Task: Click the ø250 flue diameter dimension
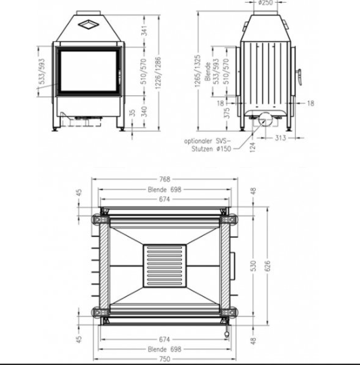click(265, 3)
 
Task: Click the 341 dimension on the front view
click(144, 30)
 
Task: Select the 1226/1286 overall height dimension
click(158, 72)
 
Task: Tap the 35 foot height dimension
click(132, 113)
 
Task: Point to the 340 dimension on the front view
click(144, 112)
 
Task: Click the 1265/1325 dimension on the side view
click(198, 71)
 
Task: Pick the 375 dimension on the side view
click(227, 113)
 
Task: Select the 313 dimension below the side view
click(280, 138)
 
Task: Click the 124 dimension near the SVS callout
click(253, 147)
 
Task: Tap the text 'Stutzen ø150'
click(211, 149)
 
